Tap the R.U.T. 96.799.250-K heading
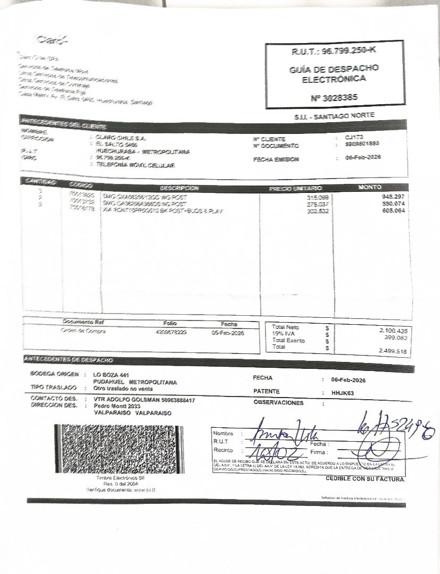click(334, 51)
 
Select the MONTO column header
click(370, 187)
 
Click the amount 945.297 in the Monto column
click(394, 197)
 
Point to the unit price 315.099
click(318, 198)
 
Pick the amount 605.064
click(394, 211)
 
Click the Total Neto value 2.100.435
click(392, 331)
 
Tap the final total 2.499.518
click(392, 351)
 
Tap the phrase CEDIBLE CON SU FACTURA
click(365, 479)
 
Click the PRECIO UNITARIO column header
click(296, 188)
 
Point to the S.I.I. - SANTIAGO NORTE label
click(334, 115)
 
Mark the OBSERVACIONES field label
click(278, 403)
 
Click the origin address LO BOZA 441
click(111, 375)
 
